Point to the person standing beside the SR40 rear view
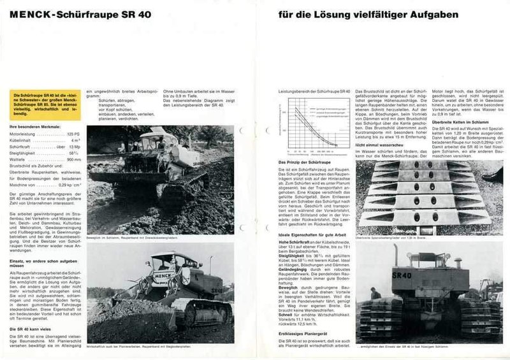click(375, 295)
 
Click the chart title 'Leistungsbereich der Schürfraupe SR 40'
click(314, 92)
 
